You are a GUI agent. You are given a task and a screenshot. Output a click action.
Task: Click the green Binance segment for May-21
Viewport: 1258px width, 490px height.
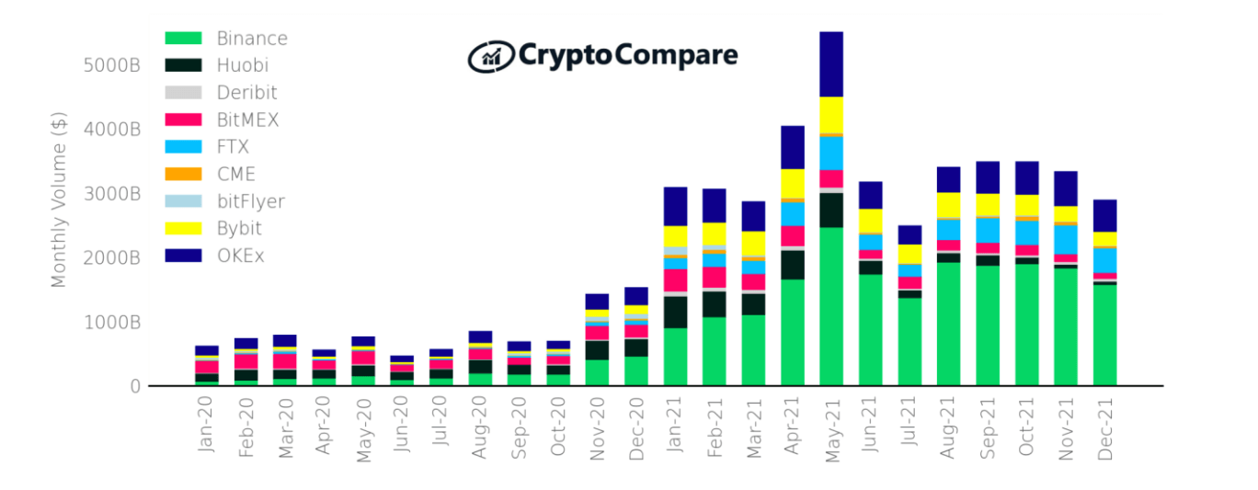[831, 306]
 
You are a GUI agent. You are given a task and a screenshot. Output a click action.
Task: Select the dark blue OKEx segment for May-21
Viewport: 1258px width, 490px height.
[831, 64]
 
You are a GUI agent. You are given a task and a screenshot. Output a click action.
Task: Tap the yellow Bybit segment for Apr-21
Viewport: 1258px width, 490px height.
[793, 183]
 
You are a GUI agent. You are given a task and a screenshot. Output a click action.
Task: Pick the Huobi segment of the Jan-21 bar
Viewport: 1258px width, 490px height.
[675, 312]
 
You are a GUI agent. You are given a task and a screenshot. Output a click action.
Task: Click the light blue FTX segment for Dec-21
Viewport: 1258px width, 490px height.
[1104, 259]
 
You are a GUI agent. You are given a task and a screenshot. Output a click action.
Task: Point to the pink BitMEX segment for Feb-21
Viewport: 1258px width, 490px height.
[715, 277]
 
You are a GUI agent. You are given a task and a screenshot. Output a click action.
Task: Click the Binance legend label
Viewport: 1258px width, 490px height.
[252, 39]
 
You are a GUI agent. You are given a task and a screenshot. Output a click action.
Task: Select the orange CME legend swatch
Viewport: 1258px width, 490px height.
[183, 174]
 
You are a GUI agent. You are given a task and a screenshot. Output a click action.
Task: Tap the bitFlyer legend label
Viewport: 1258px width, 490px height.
[250, 201]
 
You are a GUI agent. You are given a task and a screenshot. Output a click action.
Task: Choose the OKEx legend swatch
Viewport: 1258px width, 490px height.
[183, 256]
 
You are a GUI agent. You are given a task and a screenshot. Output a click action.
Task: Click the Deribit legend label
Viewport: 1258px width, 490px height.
[246, 93]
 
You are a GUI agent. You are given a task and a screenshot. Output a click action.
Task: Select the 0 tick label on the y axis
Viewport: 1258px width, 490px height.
[134, 386]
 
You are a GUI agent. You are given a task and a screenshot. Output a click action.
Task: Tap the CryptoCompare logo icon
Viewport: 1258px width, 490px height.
[490, 56]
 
